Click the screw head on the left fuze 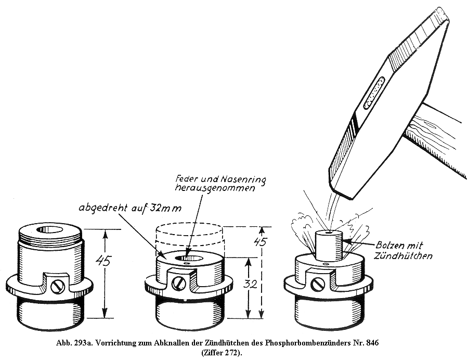(x=58, y=286)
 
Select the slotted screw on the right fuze (x=317, y=284)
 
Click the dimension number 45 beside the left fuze (x=103, y=261)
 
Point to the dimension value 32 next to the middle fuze (x=250, y=284)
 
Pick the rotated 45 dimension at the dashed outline (x=261, y=241)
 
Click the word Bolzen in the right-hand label (x=389, y=246)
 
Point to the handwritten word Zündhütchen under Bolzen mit (x=403, y=256)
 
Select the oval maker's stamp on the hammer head (x=373, y=93)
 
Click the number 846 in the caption (x=373, y=343)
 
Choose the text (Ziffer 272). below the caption (x=222, y=353)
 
